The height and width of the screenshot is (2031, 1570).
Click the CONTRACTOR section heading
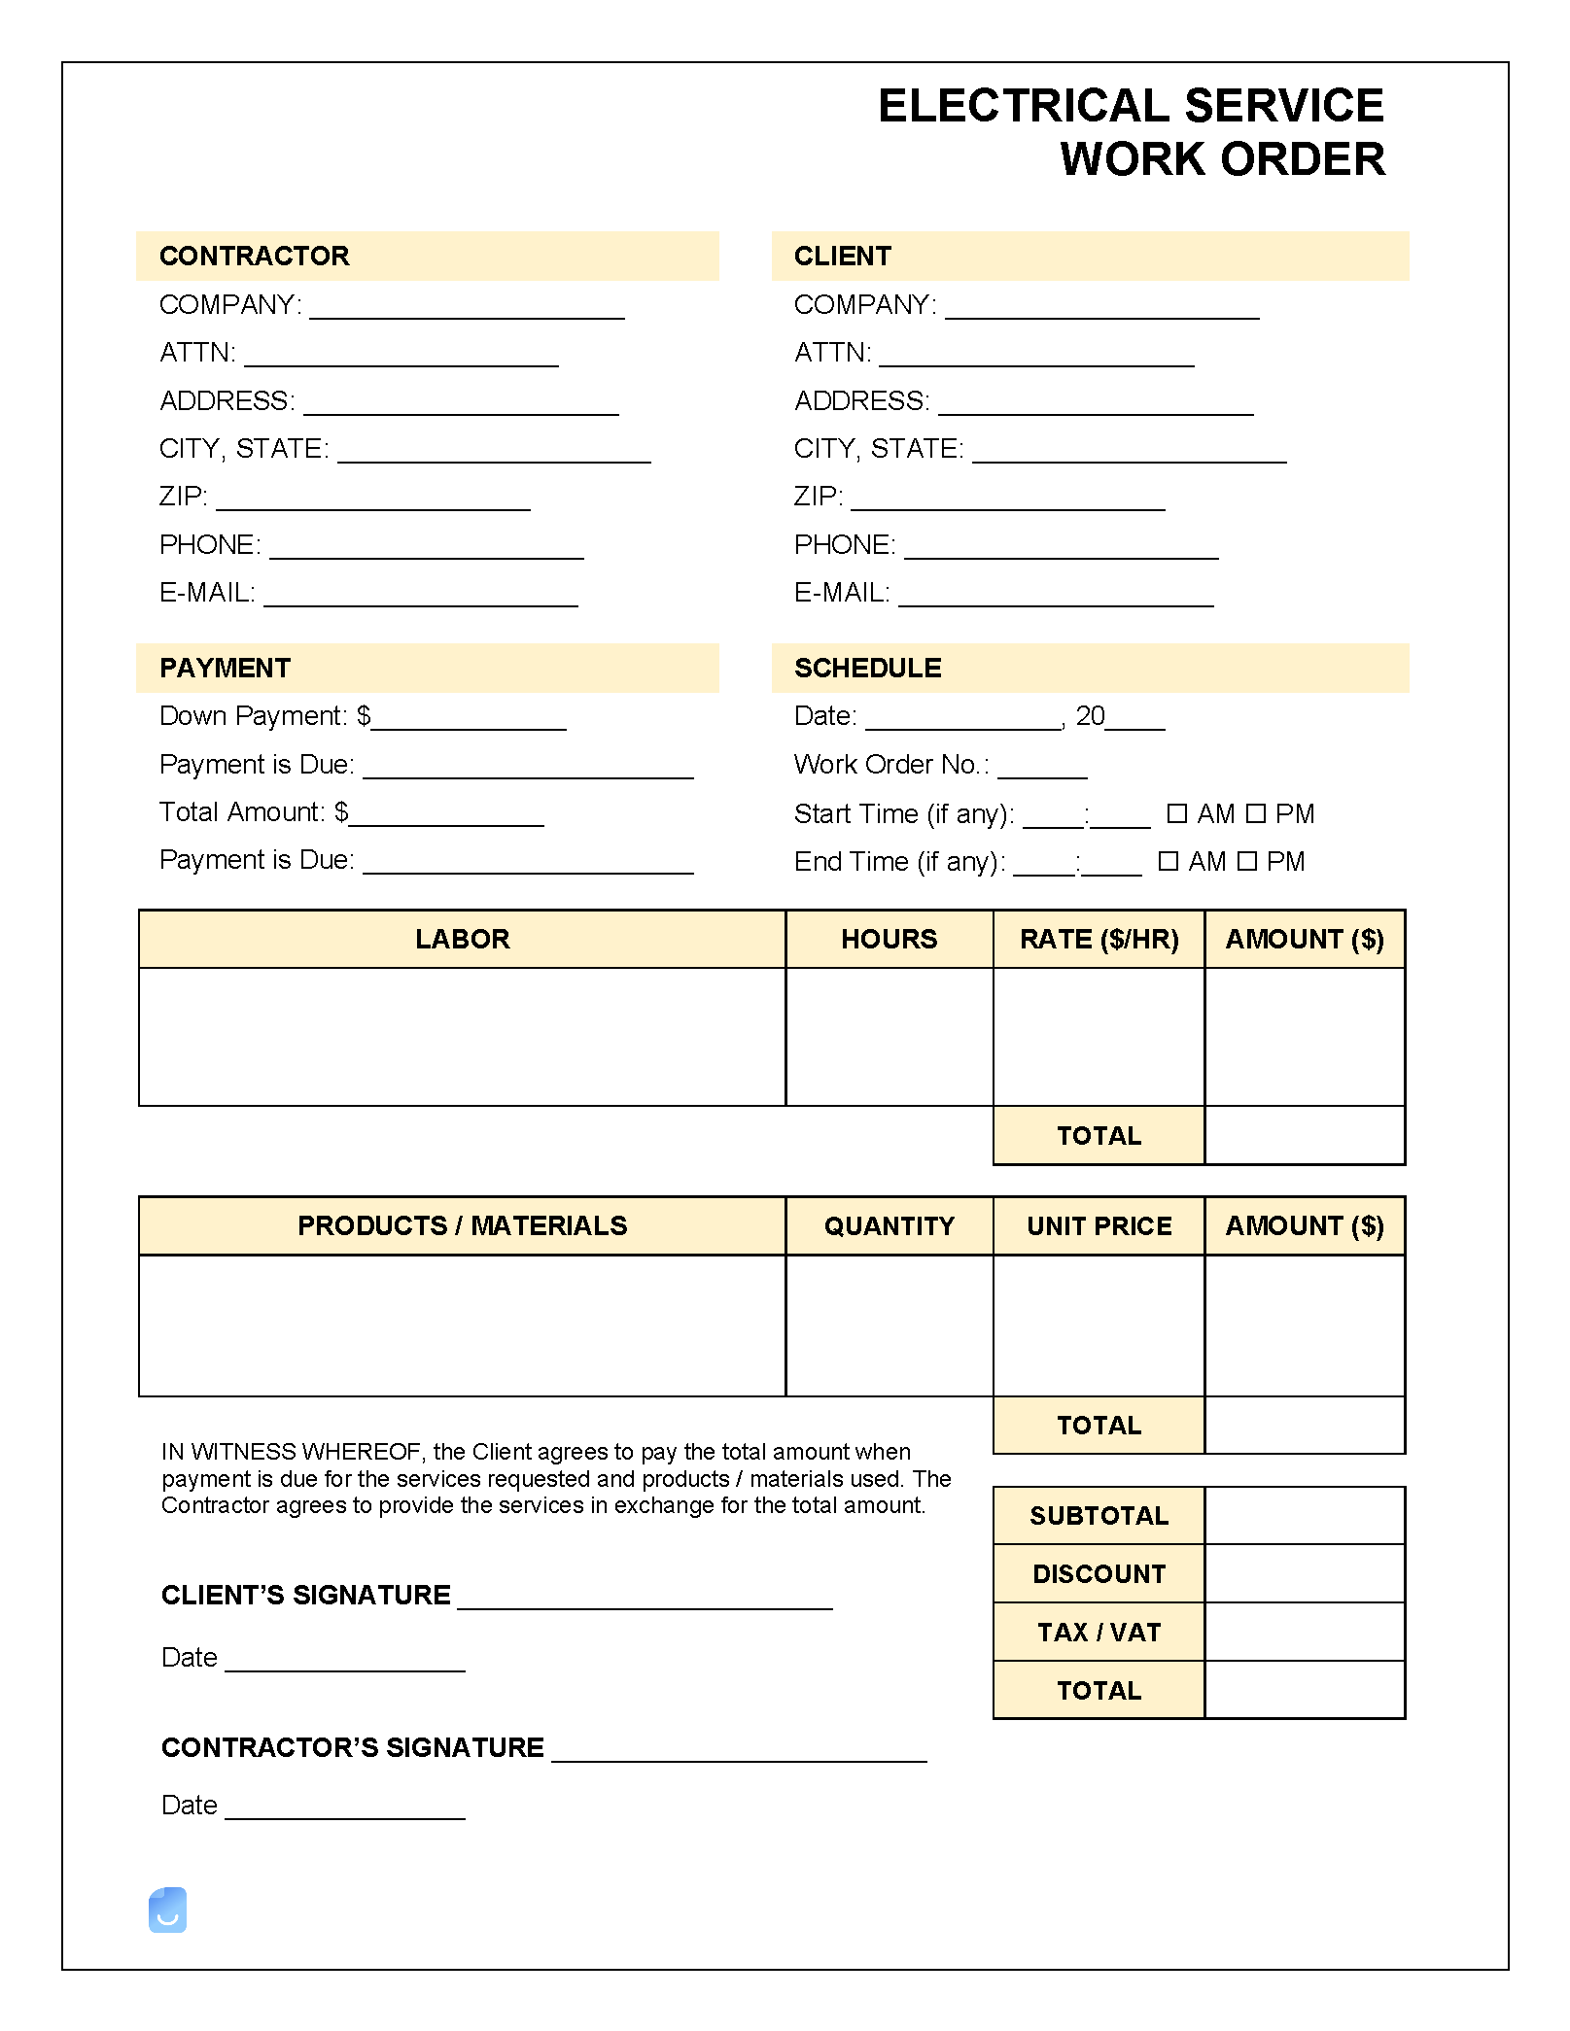(x=254, y=257)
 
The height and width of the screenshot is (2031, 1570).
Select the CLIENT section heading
(x=842, y=257)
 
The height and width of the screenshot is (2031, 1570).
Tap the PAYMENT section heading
(x=225, y=669)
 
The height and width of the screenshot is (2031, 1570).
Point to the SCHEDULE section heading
(x=867, y=669)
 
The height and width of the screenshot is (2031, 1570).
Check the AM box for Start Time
(x=1176, y=813)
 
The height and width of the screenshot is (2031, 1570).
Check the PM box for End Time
(x=1247, y=861)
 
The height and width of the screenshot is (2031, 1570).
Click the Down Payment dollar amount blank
(x=469, y=720)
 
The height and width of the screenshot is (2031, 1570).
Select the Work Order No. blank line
(x=1042, y=769)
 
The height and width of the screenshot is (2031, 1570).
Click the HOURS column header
(x=889, y=939)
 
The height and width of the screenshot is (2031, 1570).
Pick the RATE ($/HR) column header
(x=1099, y=939)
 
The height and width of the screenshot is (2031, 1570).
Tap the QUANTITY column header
(x=889, y=1226)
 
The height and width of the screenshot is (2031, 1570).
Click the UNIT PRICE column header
(x=1099, y=1226)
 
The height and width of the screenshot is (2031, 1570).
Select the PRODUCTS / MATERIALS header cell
(x=462, y=1226)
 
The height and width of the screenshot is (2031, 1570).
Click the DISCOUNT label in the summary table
(x=1099, y=1574)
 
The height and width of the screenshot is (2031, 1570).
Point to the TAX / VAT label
(x=1099, y=1633)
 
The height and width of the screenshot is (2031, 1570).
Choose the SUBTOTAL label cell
(x=1099, y=1516)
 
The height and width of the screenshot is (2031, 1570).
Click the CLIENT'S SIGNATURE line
(x=645, y=1600)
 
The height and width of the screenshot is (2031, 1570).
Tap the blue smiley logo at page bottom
(x=167, y=1911)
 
